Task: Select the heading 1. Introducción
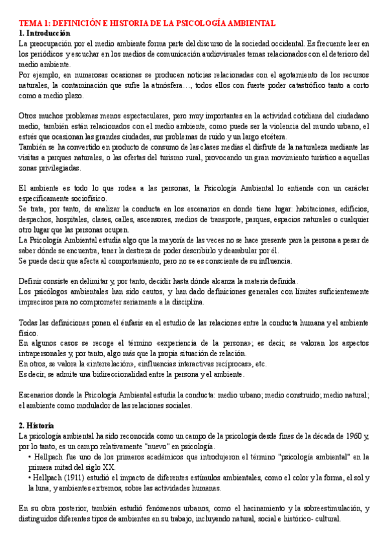click(45, 33)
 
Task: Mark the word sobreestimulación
click(321, 509)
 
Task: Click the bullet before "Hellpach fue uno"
click(30, 458)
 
